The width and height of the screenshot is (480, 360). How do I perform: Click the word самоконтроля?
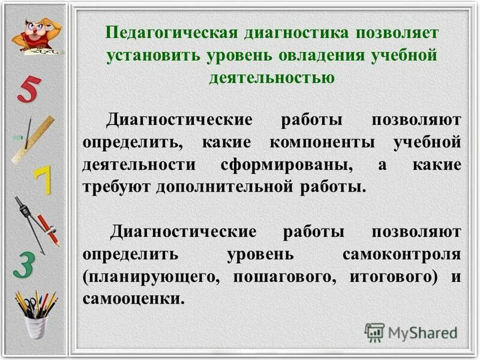point(402,253)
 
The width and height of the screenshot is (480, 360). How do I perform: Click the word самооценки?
point(132,298)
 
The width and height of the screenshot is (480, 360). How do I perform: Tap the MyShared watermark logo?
point(412,332)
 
